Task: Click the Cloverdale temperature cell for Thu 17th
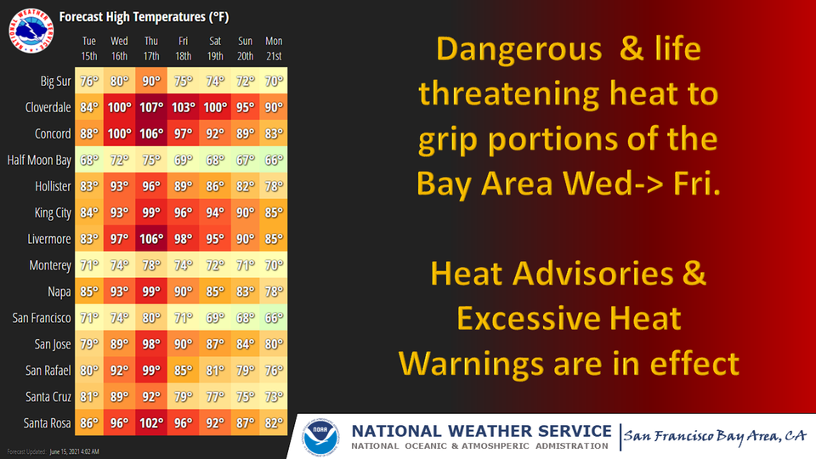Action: click(x=151, y=107)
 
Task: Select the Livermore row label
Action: click(x=49, y=239)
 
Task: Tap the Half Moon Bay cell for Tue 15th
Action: click(x=89, y=160)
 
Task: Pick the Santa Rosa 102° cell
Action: click(x=151, y=423)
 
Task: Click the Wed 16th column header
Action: click(x=119, y=48)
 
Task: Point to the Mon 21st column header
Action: click(x=274, y=48)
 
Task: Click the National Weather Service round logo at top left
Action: click(x=31, y=31)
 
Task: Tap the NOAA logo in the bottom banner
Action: click(x=320, y=437)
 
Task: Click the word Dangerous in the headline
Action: click(x=518, y=49)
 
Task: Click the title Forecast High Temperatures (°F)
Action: click(x=144, y=17)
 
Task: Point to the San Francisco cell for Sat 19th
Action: click(x=215, y=318)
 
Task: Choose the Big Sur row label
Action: click(x=56, y=82)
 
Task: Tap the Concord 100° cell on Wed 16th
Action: click(x=120, y=133)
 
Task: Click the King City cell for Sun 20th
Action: click(x=245, y=212)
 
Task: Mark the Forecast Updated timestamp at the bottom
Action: click(x=53, y=451)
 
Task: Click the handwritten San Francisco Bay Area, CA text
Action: click(x=715, y=436)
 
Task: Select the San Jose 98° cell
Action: click(x=151, y=344)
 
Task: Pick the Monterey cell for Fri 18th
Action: click(x=184, y=265)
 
